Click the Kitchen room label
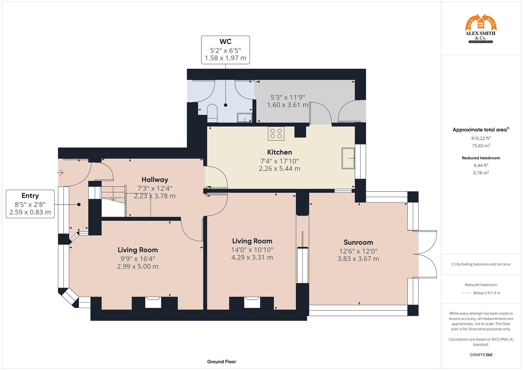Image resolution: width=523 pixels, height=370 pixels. (x=279, y=152)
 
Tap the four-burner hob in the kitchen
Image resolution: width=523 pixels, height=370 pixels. (x=276, y=134)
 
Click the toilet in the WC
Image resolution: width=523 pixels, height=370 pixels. (x=212, y=113)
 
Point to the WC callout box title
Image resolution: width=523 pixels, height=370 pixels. (x=225, y=42)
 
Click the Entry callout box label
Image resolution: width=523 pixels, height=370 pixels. (x=30, y=196)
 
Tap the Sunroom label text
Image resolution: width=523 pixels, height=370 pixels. (x=358, y=242)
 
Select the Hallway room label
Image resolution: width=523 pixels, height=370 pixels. (x=155, y=180)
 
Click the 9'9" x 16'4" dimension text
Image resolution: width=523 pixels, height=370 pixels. (x=138, y=259)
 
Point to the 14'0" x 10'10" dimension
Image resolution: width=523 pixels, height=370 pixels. (x=252, y=250)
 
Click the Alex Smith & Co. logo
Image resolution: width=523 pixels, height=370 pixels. (x=481, y=29)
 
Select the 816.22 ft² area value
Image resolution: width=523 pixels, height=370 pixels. (x=481, y=138)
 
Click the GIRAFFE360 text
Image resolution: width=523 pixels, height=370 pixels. (x=481, y=355)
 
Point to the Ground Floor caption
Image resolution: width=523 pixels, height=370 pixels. (x=221, y=361)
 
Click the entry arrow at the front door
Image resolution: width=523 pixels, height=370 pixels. (x=61, y=172)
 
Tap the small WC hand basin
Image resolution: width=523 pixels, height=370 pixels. (x=245, y=118)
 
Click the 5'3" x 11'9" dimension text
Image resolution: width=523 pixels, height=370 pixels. (x=288, y=97)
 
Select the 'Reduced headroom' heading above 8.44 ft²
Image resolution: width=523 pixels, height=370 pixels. (x=481, y=158)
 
